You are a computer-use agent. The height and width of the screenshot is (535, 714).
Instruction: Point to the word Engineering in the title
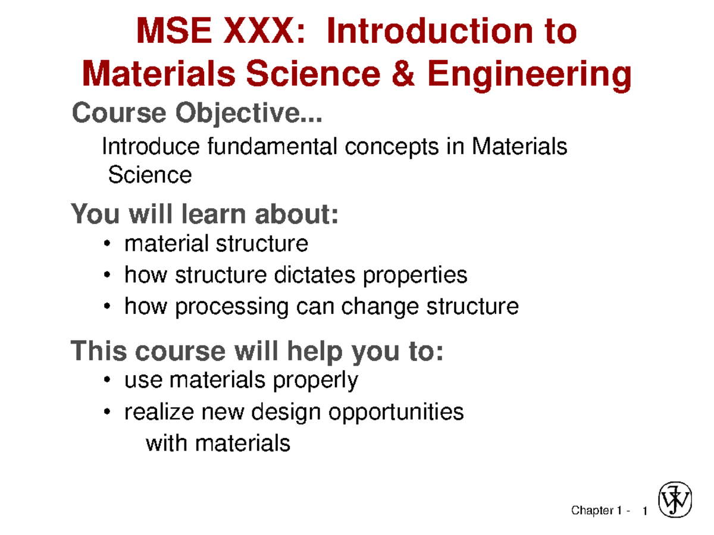coord(528,75)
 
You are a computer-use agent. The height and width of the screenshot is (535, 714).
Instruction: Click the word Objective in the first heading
coord(249,113)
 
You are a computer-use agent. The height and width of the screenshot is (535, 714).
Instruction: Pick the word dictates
coord(312,275)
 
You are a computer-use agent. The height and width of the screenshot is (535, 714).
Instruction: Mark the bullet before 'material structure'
coord(107,244)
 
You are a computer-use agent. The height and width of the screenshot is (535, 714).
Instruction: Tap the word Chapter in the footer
coord(592,511)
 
